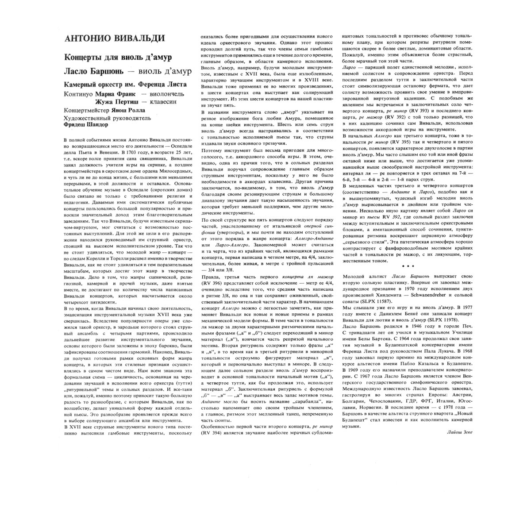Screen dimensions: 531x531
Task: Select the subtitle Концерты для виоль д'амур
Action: coord(118,58)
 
